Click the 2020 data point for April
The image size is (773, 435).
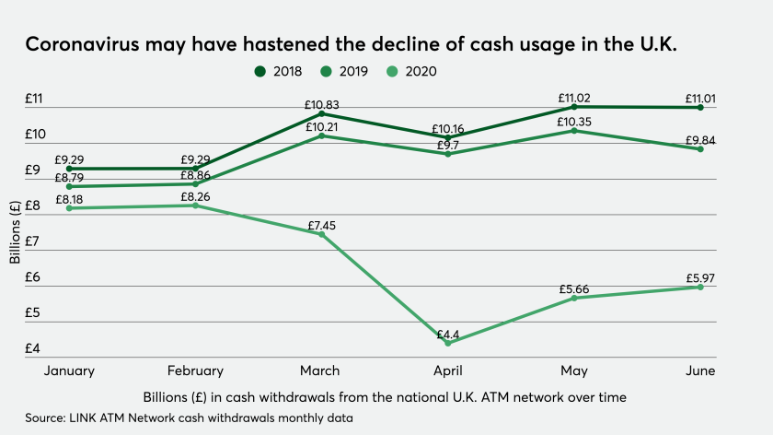click(448, 343)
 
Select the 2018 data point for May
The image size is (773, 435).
click(574, 107)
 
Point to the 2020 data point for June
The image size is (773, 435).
click(700, 287)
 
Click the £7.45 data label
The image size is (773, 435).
click(321, 221)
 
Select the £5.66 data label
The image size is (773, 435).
click(574, 289)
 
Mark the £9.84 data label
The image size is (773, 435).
click(700, 140)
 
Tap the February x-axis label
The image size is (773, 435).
click(195, 370)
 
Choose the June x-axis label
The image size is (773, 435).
click(700, 370)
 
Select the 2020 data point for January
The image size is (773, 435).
click(70, 208)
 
